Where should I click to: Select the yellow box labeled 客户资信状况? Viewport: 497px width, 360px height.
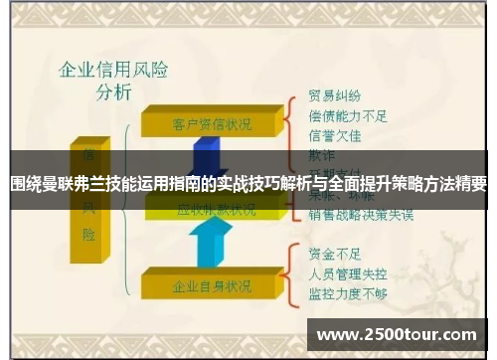pos(212,124)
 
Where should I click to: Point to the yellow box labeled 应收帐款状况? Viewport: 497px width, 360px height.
pos(215,210)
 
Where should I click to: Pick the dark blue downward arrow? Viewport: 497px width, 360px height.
pos(210,154)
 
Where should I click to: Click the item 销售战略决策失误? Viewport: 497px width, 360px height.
pos(361,215)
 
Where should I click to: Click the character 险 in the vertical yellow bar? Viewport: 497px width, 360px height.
pos(89,235)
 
